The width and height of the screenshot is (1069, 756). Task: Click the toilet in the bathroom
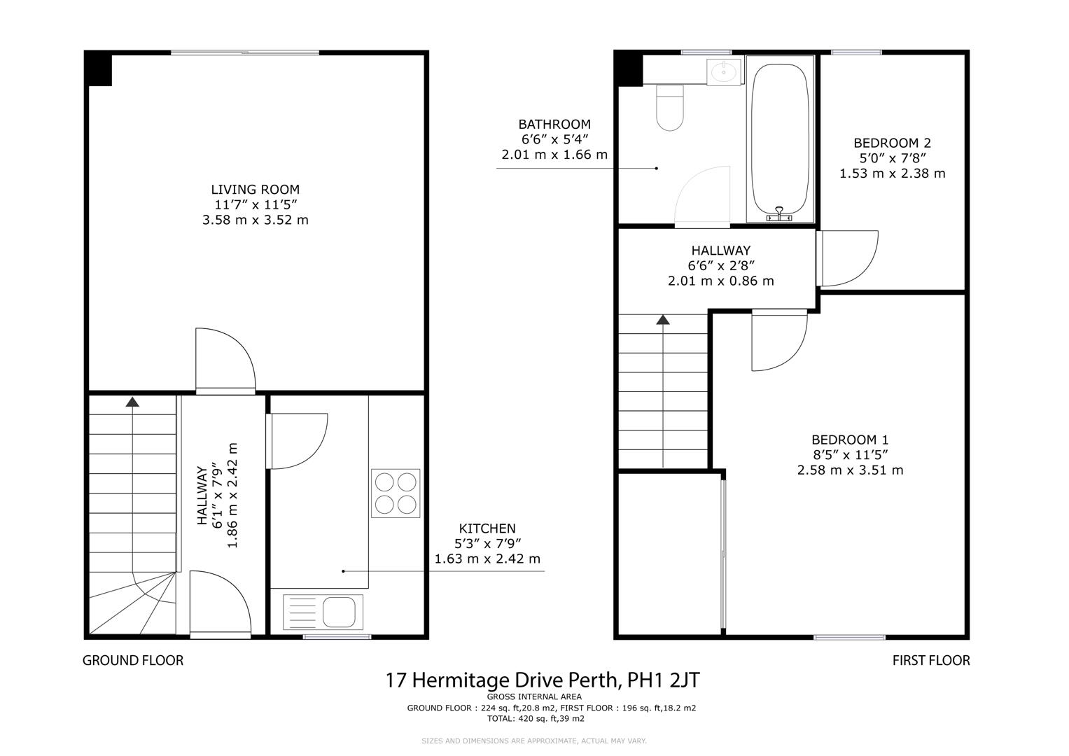click(670, 108)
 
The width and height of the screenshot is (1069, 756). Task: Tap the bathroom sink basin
click(722, 71)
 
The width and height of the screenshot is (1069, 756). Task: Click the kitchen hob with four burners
click(396, 493)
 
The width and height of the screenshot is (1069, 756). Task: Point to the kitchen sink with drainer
click(323, 611)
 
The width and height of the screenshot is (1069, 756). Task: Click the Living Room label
click(255, 190)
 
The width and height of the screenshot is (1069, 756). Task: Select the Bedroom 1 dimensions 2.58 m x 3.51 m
click(850, 470)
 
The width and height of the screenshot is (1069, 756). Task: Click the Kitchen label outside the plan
click(487, 528)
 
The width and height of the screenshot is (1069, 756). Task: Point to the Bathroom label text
click(554, 125)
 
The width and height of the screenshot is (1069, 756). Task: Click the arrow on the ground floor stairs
click(132, 402)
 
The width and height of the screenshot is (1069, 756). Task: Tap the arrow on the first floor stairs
click(662, 320)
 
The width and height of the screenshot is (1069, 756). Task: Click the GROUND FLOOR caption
click(133, 660)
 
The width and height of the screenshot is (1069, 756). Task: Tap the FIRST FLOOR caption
click(930, 660)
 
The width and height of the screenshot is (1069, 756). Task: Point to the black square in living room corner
click(99, 69)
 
